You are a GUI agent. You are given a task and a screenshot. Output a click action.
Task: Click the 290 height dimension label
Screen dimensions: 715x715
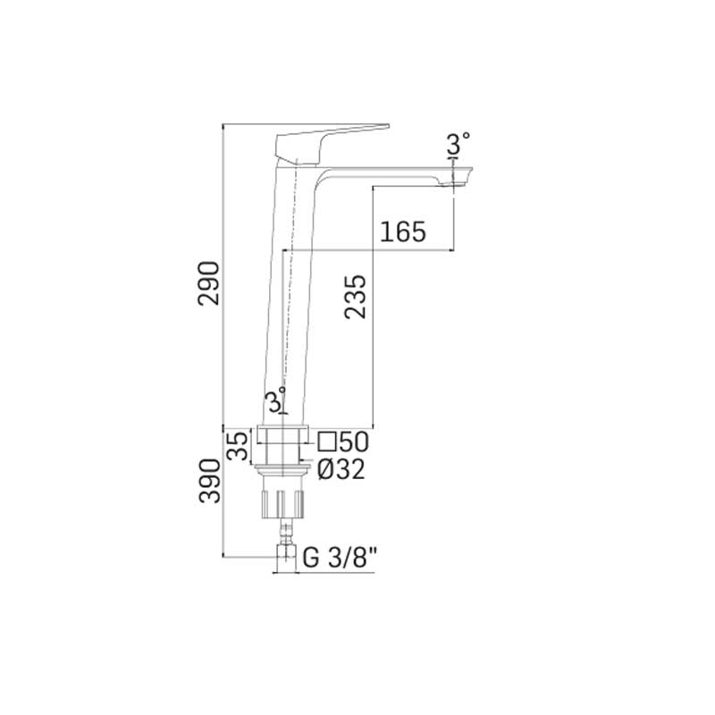click(209, 283)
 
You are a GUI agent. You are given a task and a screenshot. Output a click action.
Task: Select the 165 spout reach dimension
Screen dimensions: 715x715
click(403, 231)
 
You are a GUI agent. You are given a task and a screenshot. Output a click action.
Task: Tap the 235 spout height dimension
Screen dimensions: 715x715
click(355, 297)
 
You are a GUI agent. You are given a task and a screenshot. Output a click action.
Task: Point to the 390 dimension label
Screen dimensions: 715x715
click(209, 481)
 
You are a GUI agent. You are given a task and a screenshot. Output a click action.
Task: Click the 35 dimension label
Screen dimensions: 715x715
click(238, 446)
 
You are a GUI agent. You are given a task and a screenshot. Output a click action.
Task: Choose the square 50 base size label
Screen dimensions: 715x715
click(343, 442)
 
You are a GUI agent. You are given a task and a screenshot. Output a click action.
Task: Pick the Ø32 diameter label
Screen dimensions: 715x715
click(341, 469)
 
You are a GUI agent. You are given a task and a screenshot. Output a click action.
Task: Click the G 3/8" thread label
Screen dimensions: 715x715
click(340, 557)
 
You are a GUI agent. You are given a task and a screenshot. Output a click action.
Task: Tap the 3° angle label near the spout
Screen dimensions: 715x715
click(458, 143)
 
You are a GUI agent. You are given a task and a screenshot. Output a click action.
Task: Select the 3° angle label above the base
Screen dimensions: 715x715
click(277, 401)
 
